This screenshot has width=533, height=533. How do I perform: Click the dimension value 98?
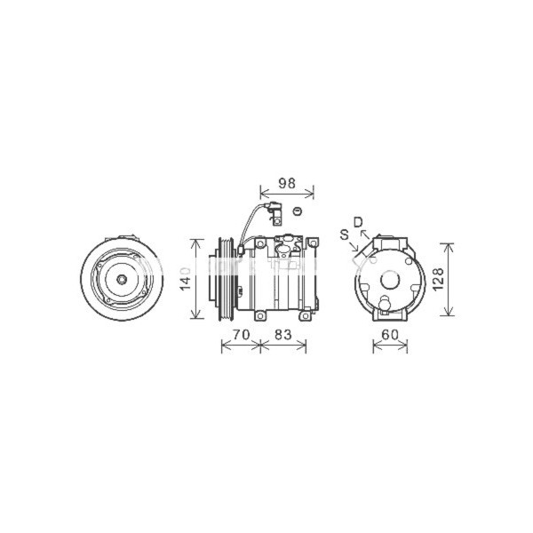(x=286, y=183)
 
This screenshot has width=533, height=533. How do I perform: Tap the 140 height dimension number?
(x=185, y=279)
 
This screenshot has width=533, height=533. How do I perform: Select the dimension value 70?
(x=239, y=335)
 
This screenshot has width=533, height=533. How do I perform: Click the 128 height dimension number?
(x=440, y=279)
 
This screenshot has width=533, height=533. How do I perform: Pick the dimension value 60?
(x=390, y=335)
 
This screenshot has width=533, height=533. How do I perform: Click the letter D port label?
(x=358, y=221)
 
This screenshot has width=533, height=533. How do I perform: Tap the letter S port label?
(x=343, y=235)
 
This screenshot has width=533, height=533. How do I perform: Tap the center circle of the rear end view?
(x=390, y=279)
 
